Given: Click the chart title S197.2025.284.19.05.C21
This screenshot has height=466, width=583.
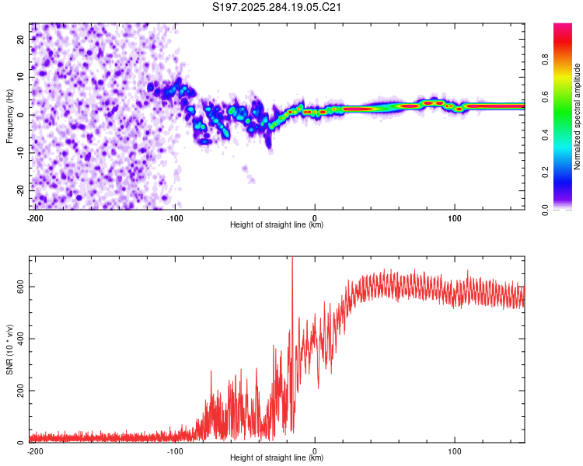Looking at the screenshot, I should coord(278,7).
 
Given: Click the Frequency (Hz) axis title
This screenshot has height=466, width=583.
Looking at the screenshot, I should coord(10,115).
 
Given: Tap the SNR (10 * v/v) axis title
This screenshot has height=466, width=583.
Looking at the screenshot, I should coord(10,349).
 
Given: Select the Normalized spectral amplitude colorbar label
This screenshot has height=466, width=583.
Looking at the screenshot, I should coord(578,116).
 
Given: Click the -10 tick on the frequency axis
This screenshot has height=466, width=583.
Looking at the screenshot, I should coord(21,152).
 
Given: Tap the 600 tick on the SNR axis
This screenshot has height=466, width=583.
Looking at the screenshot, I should coord(20,287).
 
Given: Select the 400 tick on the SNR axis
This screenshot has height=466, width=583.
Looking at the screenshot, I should coord(20,339).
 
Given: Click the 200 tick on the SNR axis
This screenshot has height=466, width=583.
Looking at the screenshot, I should coord(20,391).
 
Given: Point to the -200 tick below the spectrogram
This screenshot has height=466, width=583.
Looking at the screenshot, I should coord(34,217).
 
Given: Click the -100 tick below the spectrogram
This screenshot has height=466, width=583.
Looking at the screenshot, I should coord(174,217).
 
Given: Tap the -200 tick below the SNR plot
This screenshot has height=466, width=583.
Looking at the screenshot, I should coord(34,450).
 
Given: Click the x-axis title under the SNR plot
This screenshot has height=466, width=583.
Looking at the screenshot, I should coord(277,458).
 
